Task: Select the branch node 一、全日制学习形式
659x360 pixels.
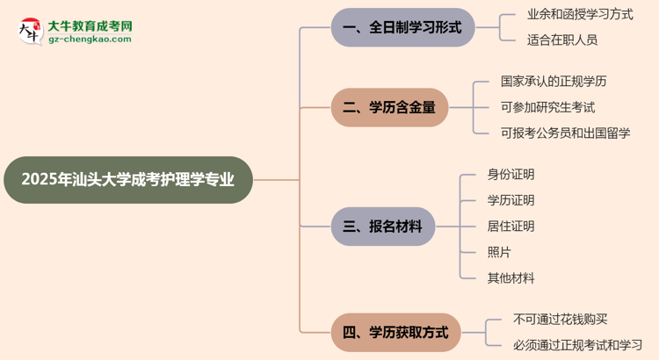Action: pyautogui.click(x=402, y=27)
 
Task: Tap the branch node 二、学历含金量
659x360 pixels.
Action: pyautogui.click(x=389, y=108)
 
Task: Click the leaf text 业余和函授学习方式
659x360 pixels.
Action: pyautogui.click(x=580, y=15)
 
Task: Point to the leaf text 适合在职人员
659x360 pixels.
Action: pyautogui.click(x=561, y=40)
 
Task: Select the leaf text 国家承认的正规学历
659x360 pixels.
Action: pyautogui.click(x=554, y=82)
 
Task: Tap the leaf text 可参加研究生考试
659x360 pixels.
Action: pyautogui.click(x=547, y=107)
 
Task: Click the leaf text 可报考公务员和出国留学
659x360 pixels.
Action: pyautogui.click(x=565, y=133)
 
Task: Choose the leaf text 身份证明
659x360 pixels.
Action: pyautogui.click(x=511, y=175)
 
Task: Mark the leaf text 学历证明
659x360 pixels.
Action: pyautogui.click(x=511, y=200)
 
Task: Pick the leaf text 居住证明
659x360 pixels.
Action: pyautogui.click(x=511, y=227)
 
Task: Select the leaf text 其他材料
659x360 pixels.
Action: pyautogui.click(x=511, y=278)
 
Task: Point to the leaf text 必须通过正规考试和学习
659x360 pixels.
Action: pyautogui.click(x=578, y=345)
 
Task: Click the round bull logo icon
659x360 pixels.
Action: pyautogui.click(x=29, y=31)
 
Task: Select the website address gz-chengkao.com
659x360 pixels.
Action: pyautogui.click(x=91, y=40)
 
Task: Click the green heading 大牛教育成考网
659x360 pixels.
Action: pyautogui.click(x=91, y=25)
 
